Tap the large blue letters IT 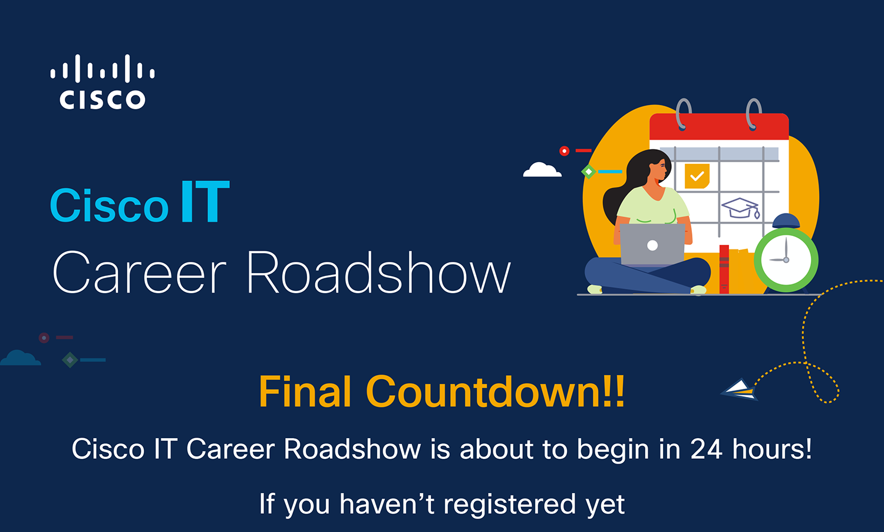pyautogui.click(x=205, y=202)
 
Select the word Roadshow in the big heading pyautogui.click(x=379, y=273)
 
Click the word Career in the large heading pyautogui.click(x=139, y=273)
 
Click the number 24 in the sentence pyautogui.click(x=707, y=449)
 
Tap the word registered pyautogui.click(x=510, y=504)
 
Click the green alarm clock pyautogui.click(x=786, y=255)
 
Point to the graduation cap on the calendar pyautogui.click(x=740, y=208)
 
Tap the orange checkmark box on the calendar pyautogui.click(x=697, y=176)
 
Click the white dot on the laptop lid pyautogui.click(x=652, y=246)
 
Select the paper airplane pyautogui.click(x=740, y=390)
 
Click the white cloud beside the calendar pyautogui.click(x=542, y=169)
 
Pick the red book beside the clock pyautogui.click(x=724, y=269)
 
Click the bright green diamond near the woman pyautogui.click(x=589, y=172)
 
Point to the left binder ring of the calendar pyautogui.click(x=683, y=114)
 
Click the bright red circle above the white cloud pyautogui.click(x=565, y=151)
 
